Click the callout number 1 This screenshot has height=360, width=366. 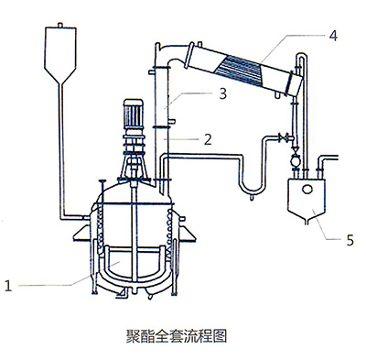(x=8, y=286)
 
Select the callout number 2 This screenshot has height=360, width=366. (x=208, y=139)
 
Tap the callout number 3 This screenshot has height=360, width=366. (x=223, y=93)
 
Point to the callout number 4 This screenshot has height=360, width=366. (x=333, y=36)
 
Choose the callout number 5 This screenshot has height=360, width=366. (x=350, y=240)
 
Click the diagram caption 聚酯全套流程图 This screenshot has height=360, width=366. (x=177, y=335)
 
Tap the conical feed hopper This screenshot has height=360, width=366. (x=60, y=55)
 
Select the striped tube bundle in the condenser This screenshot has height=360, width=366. (x=240, y=70)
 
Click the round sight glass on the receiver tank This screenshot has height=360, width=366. (x=307, y=190)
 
